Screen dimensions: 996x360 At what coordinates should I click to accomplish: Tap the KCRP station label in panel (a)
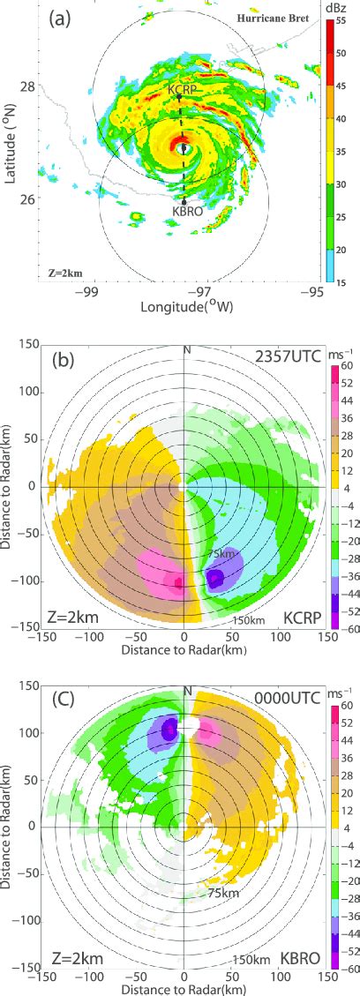point(182,90)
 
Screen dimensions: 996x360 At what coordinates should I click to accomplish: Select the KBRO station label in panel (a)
point(184,213)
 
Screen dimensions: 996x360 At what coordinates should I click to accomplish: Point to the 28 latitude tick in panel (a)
point(28,86)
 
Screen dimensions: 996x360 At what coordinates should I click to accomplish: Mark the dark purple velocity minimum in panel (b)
point(214,579)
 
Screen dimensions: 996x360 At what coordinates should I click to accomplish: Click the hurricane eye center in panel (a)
point(184,147)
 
